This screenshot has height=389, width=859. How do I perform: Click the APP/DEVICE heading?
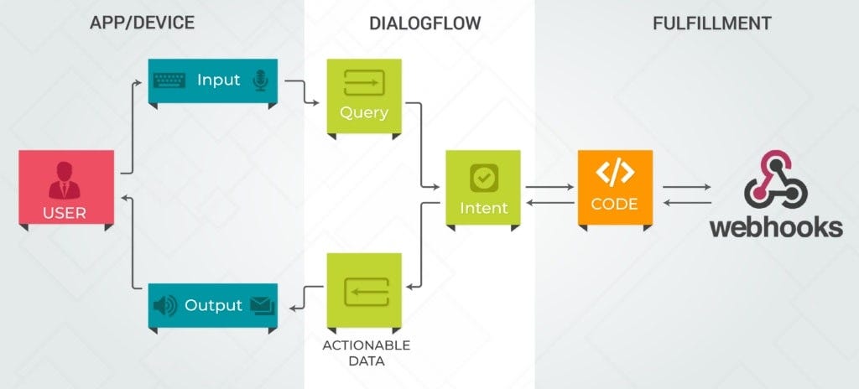point(142,23)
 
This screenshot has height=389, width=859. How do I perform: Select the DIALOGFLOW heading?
point(424,23)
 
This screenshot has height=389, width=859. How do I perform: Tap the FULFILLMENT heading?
point(712,23)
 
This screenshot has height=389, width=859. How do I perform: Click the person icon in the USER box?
point(65,178)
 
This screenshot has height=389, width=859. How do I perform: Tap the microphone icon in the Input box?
point(260,80)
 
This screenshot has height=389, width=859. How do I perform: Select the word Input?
point(218,80)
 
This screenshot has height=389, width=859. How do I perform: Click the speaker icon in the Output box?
point(165,306)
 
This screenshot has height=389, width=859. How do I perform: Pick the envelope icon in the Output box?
point(262,306)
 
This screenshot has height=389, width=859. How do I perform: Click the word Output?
point(213,306)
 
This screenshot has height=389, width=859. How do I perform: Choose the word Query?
point(364,113)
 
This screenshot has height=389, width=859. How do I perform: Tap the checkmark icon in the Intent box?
point(484,177)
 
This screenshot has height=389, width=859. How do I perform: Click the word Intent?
point(484,207)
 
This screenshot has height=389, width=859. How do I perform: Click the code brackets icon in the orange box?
point(614,172)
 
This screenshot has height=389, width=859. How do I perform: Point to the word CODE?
point(614,204)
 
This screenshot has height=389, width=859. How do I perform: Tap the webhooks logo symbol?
point(775,180)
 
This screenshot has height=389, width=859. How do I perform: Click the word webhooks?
point(776,226)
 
